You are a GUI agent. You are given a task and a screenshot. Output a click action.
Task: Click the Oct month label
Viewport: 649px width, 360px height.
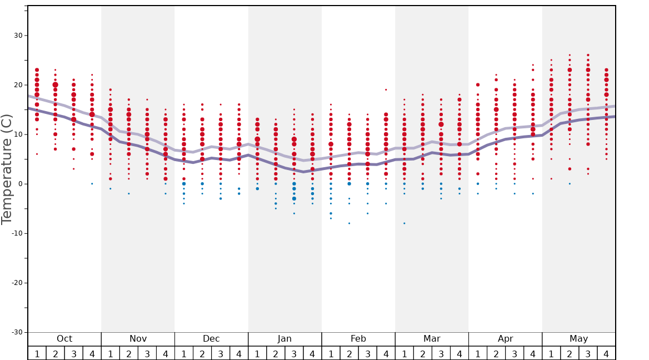(64, 339)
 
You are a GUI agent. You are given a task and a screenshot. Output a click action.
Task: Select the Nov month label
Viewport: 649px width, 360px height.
(138, 339)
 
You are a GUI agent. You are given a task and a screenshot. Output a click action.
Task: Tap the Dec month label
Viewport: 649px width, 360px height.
(211, 339)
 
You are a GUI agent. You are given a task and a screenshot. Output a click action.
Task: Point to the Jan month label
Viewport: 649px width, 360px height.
(284, 339)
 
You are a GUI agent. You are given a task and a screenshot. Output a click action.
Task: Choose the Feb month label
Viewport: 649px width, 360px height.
(358, 339)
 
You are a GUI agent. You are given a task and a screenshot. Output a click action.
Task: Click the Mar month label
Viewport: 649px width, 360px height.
(432, 339)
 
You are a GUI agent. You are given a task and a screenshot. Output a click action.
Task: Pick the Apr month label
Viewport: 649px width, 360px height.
(505, 339)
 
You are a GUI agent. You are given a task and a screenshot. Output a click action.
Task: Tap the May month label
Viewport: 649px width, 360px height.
(578, 339)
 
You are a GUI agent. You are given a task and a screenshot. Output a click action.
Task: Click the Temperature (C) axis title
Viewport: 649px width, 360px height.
(7, 169)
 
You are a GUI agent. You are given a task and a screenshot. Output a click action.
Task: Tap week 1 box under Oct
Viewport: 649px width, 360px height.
(37, 353)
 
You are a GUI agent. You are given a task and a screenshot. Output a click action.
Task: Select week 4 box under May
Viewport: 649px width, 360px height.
(606, 353)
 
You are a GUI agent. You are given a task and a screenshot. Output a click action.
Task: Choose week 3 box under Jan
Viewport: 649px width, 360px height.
(294, 353)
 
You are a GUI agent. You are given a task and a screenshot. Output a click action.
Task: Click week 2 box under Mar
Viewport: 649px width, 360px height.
(423, 353)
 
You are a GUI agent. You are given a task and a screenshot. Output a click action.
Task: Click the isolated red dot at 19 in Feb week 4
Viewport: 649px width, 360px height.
(386, 89)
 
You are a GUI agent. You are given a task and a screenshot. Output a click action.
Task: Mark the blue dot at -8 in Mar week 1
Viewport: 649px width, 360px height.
(405, 223)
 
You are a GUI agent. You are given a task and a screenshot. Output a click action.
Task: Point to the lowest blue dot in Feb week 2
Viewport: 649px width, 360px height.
(349, 223)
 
